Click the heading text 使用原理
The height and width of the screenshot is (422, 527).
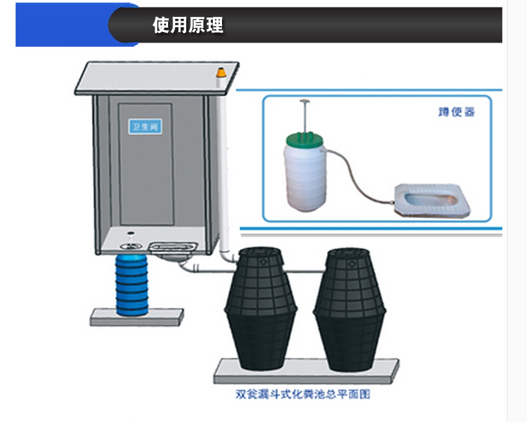point(188,25)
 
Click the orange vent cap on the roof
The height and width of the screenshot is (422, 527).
point(221,72)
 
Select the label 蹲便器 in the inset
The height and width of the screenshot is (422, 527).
point(457,112)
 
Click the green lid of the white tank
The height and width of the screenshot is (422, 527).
point(304,137)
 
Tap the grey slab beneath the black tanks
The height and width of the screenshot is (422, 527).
point(305,372)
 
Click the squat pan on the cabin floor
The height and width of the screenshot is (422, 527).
point(173,247)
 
